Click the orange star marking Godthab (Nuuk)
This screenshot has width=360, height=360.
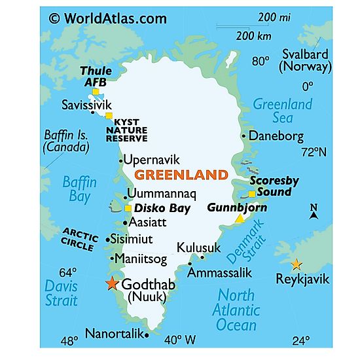[x=111, y=284]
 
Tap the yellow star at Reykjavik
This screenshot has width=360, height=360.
[x=297, y=264]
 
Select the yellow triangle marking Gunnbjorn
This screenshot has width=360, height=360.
[x=240, y=219]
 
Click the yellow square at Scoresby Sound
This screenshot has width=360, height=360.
[x=253, y=194]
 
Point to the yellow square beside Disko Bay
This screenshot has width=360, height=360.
[x=128, y=208]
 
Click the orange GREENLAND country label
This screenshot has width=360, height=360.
[x=181, y=175]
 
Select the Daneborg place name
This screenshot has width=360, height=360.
[x=277, y=136]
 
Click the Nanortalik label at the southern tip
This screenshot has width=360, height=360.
[x=113, y=334]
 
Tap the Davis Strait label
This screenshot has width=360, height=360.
[x=61, y=293]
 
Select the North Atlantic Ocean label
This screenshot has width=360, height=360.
[x=236, y=310]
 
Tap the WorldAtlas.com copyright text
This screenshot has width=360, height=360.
[x=107, y=18]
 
